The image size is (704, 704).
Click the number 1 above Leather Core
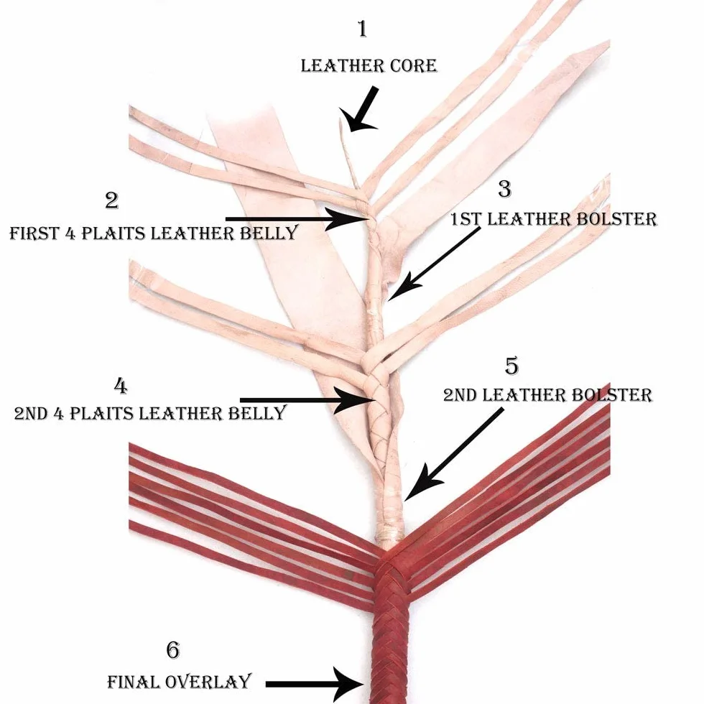pyautogui.click(x=362, y=29)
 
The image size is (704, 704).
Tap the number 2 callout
pyautogui.click(x=112, y=200)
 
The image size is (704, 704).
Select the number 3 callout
pyautogui.click(x=505, y=189)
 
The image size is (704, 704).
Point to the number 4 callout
pyautogui.click(x=121, y=386)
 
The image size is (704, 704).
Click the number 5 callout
pyautogui.click(x=511, y=366)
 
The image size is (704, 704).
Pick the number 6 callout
pyautogui.click(x=173, y=650)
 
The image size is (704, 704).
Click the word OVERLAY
pyautogui.click(x=208, y=682)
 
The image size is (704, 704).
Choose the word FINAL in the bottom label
pyautogui.click(x=134, y=682)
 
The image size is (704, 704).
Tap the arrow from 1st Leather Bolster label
pyautogui.click(x=433, y=264)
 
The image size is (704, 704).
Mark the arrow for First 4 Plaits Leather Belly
pyautogui.click(x=296, y=219)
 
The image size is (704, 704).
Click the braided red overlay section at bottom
pyautogui.click(x=389, y=629)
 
